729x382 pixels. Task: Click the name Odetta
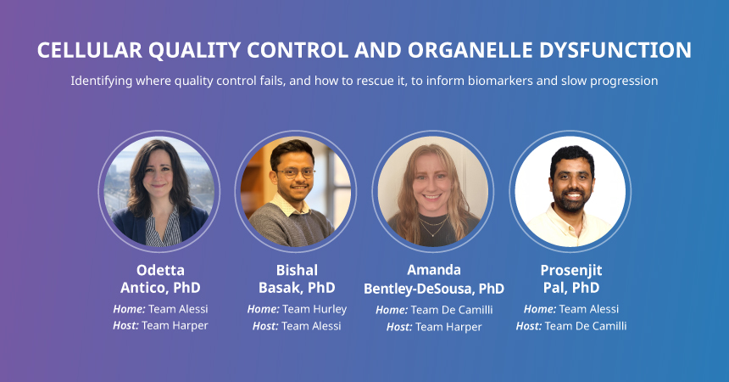[160, 270]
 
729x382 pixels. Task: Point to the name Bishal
[297, 270]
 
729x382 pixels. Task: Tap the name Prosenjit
[571, 270]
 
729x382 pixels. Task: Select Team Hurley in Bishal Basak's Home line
[314, 309]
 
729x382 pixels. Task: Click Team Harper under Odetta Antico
[175, 326]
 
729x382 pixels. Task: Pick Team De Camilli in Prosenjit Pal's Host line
[586, 326]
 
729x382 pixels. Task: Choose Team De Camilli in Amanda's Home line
[452, 310]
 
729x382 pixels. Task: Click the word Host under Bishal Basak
[265, 326]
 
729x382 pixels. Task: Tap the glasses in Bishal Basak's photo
[296, 173]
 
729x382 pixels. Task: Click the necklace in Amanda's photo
[433, 226]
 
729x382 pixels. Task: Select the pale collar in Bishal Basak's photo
[288, 205]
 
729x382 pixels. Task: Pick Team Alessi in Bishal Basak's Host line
[311, 326]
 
